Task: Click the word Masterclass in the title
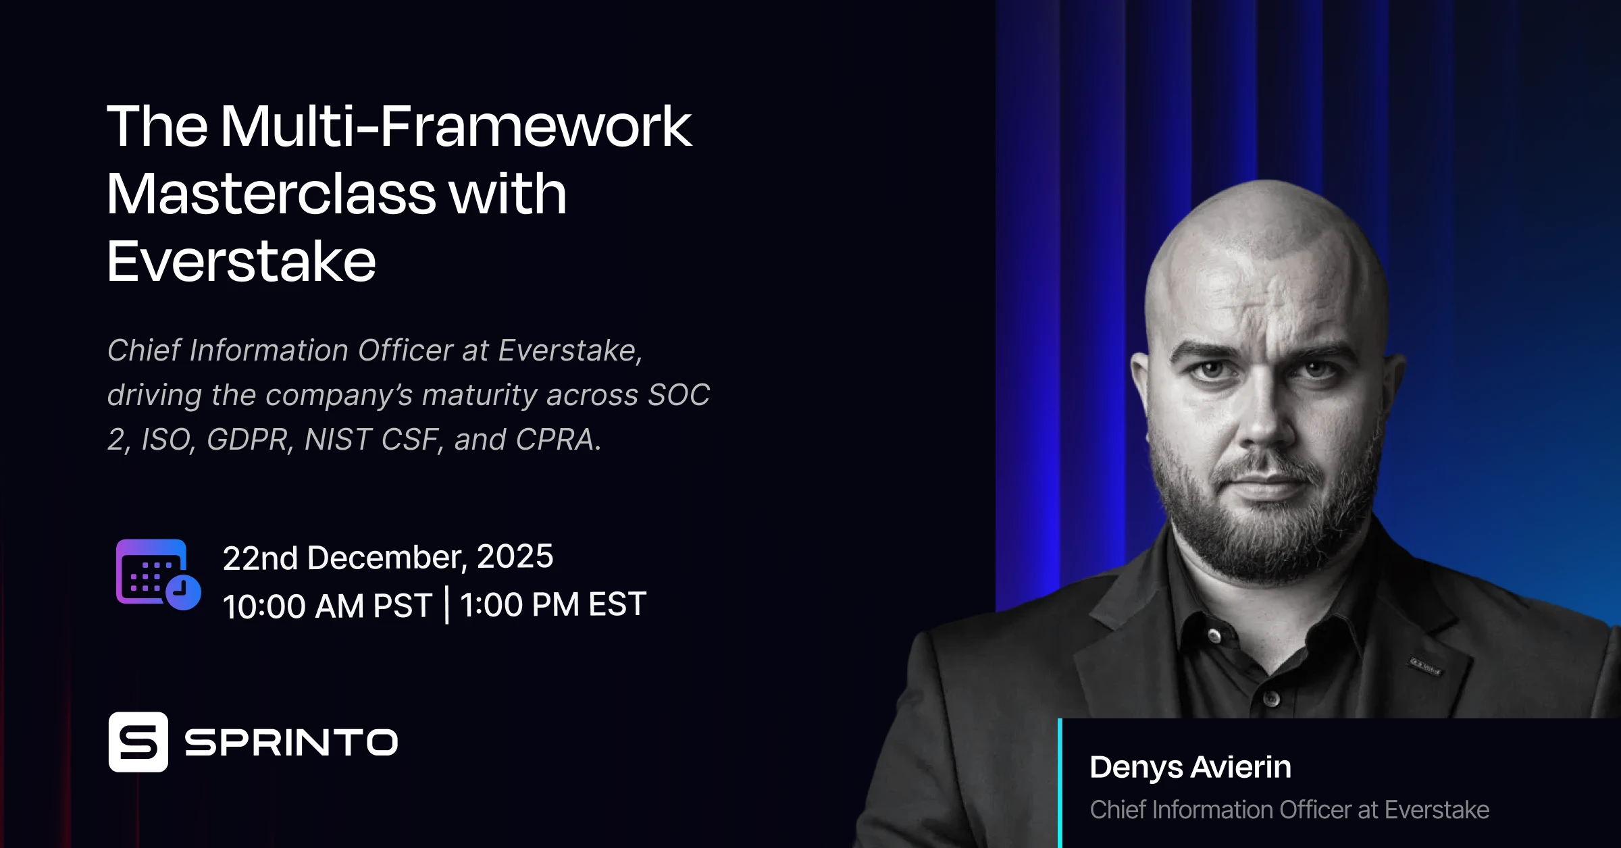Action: point(271,194)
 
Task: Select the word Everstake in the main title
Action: point(241,262)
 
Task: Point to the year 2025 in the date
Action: point(515,557)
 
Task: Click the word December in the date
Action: point(384,558)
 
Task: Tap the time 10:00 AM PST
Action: point(327,606)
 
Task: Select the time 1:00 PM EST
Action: point(553,604)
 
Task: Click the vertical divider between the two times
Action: point(446,605)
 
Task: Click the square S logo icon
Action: point(138,741)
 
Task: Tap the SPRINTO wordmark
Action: point(291,743)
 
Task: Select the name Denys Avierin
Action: point(1190,767)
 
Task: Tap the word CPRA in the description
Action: point(555,440)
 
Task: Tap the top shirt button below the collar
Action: point(1214,635)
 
